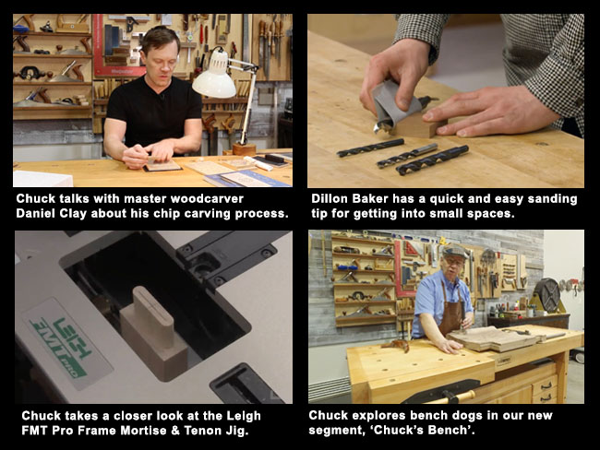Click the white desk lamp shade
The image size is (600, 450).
click(x=214, y=83)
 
